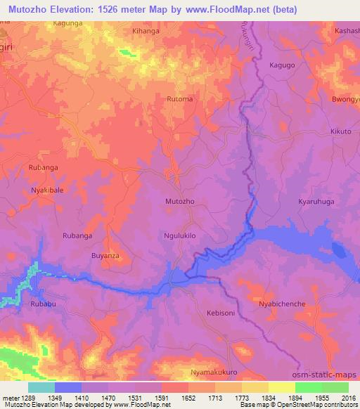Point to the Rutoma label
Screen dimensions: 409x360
[179, 99]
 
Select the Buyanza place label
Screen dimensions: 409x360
[107, 257]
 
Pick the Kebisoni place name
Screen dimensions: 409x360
[221, 315]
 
